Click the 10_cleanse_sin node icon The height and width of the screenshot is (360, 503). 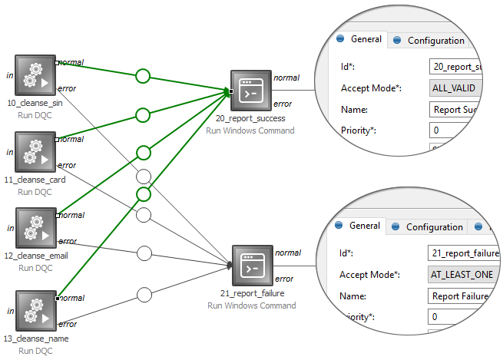[x=36, y=75]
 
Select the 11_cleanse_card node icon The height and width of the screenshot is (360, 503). [x=36, y=152]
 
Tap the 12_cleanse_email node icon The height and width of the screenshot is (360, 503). [x=36, y=228]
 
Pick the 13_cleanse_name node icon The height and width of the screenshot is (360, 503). [x=36, y=310]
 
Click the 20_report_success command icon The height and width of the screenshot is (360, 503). [x=251, y=91]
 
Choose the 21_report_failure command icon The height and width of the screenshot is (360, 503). [x=253, y=266]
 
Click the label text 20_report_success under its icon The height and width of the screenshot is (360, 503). [x=250, y=118]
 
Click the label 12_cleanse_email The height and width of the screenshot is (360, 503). [x=36, y=256]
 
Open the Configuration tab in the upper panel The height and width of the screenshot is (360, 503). [x=435, y=41]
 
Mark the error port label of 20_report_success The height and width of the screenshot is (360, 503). [x=283, y=104]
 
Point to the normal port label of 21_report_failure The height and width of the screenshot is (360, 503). [x=288, y=253]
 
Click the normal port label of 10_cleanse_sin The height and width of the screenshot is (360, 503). [x=71, y=62]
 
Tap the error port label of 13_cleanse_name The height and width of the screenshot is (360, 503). [x=68, y=324]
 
